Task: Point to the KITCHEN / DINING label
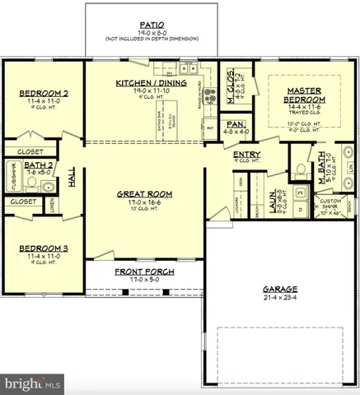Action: pos(151,83)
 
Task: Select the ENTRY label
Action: pos(246,154)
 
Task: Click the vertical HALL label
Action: pos(72,179)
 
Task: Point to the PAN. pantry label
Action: pos(235,123)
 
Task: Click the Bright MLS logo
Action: pos(33,383)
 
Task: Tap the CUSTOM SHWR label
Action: pos(330,206)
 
